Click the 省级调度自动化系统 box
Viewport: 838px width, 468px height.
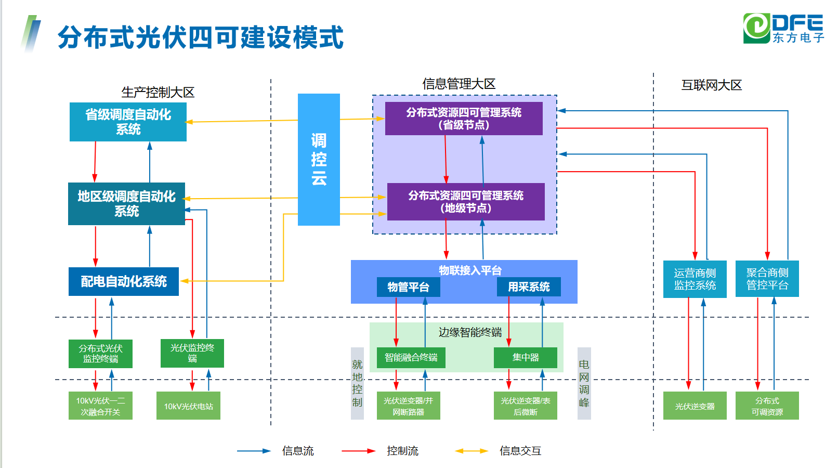(128, 122)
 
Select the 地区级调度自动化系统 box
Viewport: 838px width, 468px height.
(126, 203)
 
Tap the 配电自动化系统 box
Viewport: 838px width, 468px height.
(124, 281)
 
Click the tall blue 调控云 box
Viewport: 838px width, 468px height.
(319, 159)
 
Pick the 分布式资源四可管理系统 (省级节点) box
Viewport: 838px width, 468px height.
(464, 119)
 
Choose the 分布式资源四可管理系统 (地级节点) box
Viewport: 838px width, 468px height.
(466, 202)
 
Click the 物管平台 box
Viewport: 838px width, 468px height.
(409, 287)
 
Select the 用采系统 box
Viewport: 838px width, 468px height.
(529, 287)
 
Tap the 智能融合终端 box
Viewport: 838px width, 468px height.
(411, 358)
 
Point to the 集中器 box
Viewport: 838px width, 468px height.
(526, 358)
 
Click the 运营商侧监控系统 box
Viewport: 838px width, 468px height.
(695, 279)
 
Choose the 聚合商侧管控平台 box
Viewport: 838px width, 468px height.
(767, 279)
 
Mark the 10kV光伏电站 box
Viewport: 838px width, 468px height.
(188, 406)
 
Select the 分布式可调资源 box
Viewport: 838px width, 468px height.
(767, 406)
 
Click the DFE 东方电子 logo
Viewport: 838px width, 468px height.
(783, 29)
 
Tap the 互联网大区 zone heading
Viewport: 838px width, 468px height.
(711, 85)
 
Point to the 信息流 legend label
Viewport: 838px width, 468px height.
(298, 451)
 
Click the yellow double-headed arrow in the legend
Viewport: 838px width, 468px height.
(471, 451)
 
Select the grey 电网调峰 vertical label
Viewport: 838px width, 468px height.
(584, 383)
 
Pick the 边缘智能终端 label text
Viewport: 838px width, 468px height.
(470, 332)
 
